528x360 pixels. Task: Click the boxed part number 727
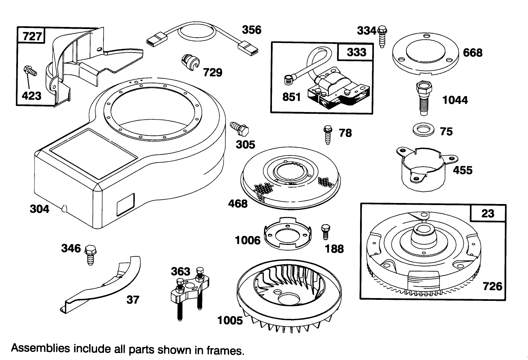32,36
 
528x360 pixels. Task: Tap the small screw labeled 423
30,72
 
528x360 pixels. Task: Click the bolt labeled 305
240,128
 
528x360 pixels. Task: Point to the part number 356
251,30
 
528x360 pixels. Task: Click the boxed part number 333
356,52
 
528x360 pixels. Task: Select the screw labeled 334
383,36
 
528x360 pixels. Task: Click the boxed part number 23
488,213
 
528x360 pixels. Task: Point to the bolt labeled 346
90,254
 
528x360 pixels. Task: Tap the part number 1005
230,320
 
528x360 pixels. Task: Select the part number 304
39,209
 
